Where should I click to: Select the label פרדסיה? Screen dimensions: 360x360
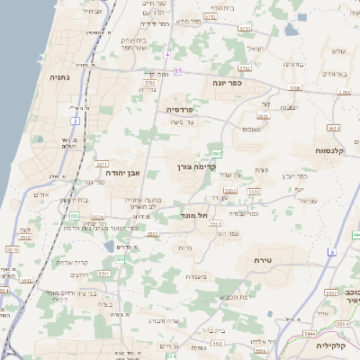(186, 109)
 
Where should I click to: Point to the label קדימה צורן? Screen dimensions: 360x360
(193, 166)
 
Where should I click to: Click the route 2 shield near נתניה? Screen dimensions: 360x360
(74, 119)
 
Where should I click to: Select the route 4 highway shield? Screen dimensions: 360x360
(166, 54)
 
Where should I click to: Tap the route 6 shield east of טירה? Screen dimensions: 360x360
(331, 252)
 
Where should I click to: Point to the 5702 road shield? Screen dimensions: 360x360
(148, 82)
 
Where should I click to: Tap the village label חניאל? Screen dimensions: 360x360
(255, 47)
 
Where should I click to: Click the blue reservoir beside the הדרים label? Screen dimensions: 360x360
(109, 246)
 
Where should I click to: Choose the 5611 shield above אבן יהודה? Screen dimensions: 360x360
(102, 164)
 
